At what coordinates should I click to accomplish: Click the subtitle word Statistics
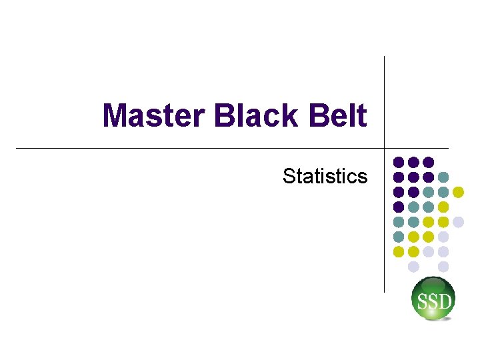point(325,176)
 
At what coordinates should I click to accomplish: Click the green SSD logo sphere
point(433,299)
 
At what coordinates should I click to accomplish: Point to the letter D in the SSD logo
point(445,302)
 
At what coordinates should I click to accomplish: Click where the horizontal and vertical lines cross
point(385,148)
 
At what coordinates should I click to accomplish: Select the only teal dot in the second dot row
point(443,177)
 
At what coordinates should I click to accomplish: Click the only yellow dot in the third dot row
point(458,192)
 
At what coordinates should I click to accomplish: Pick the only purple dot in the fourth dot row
point(399,207)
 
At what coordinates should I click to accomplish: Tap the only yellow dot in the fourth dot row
point(443,207)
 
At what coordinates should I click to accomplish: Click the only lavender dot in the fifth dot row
point(458,222)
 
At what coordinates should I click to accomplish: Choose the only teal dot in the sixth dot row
point(399,237)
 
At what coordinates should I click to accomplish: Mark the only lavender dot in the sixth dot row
point(443,237)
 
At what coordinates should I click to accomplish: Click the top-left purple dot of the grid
point(399,162)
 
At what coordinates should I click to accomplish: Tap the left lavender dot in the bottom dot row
point(413,267)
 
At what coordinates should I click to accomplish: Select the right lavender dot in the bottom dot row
point(443,267)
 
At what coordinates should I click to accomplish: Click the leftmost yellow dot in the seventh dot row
point(399,251)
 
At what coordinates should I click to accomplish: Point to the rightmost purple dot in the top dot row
point(429,162)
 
